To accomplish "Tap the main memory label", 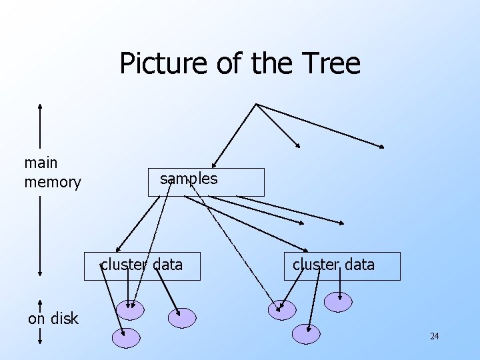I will tap(52, 172).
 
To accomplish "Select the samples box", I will tap(206, 182).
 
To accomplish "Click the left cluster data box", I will tap(141, 266).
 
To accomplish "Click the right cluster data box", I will tap(342, 266).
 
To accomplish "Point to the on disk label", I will tap(53, 319).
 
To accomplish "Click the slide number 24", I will tap(434, 336).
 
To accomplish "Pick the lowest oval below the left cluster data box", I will tap(126, 339).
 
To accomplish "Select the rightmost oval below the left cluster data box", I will tap(182, 318).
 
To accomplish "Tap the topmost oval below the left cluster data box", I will tap(130, 308).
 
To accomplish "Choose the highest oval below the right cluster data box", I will tap(338, 302).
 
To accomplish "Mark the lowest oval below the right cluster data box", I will tap(306, 333).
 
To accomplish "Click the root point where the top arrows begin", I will tap(257, 104).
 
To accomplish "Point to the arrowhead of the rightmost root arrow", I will tap(382, 146).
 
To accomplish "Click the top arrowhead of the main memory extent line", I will tap(41, 105).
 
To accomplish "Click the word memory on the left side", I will tap(52, 182).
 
